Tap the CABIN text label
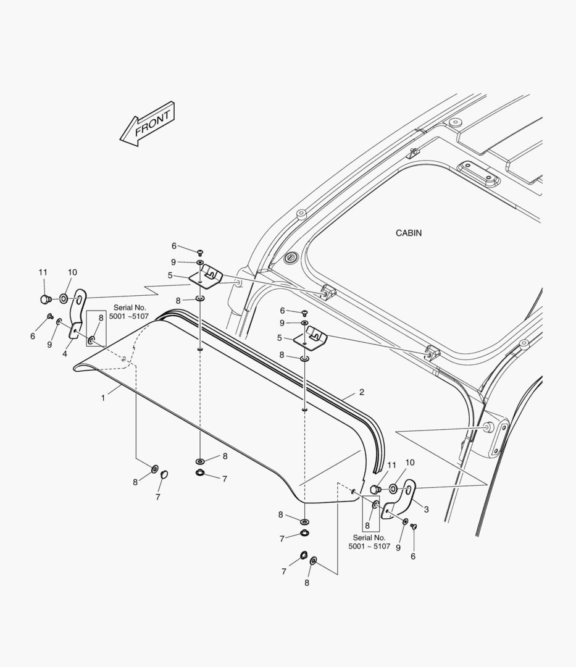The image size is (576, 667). coord(409,233)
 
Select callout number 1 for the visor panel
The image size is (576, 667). coord(103,398)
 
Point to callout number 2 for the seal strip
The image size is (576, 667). coord(362,392)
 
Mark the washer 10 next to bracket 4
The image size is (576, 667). coord(64,300)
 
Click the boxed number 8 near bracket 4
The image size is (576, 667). coord(101,318)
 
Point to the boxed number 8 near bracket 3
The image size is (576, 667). coord(367,526)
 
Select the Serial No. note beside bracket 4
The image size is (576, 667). coord(128,312)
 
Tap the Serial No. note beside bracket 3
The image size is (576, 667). coord(369,542)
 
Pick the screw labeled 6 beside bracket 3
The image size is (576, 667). coord(414,526)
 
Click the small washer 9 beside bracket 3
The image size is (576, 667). coord(404,522)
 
